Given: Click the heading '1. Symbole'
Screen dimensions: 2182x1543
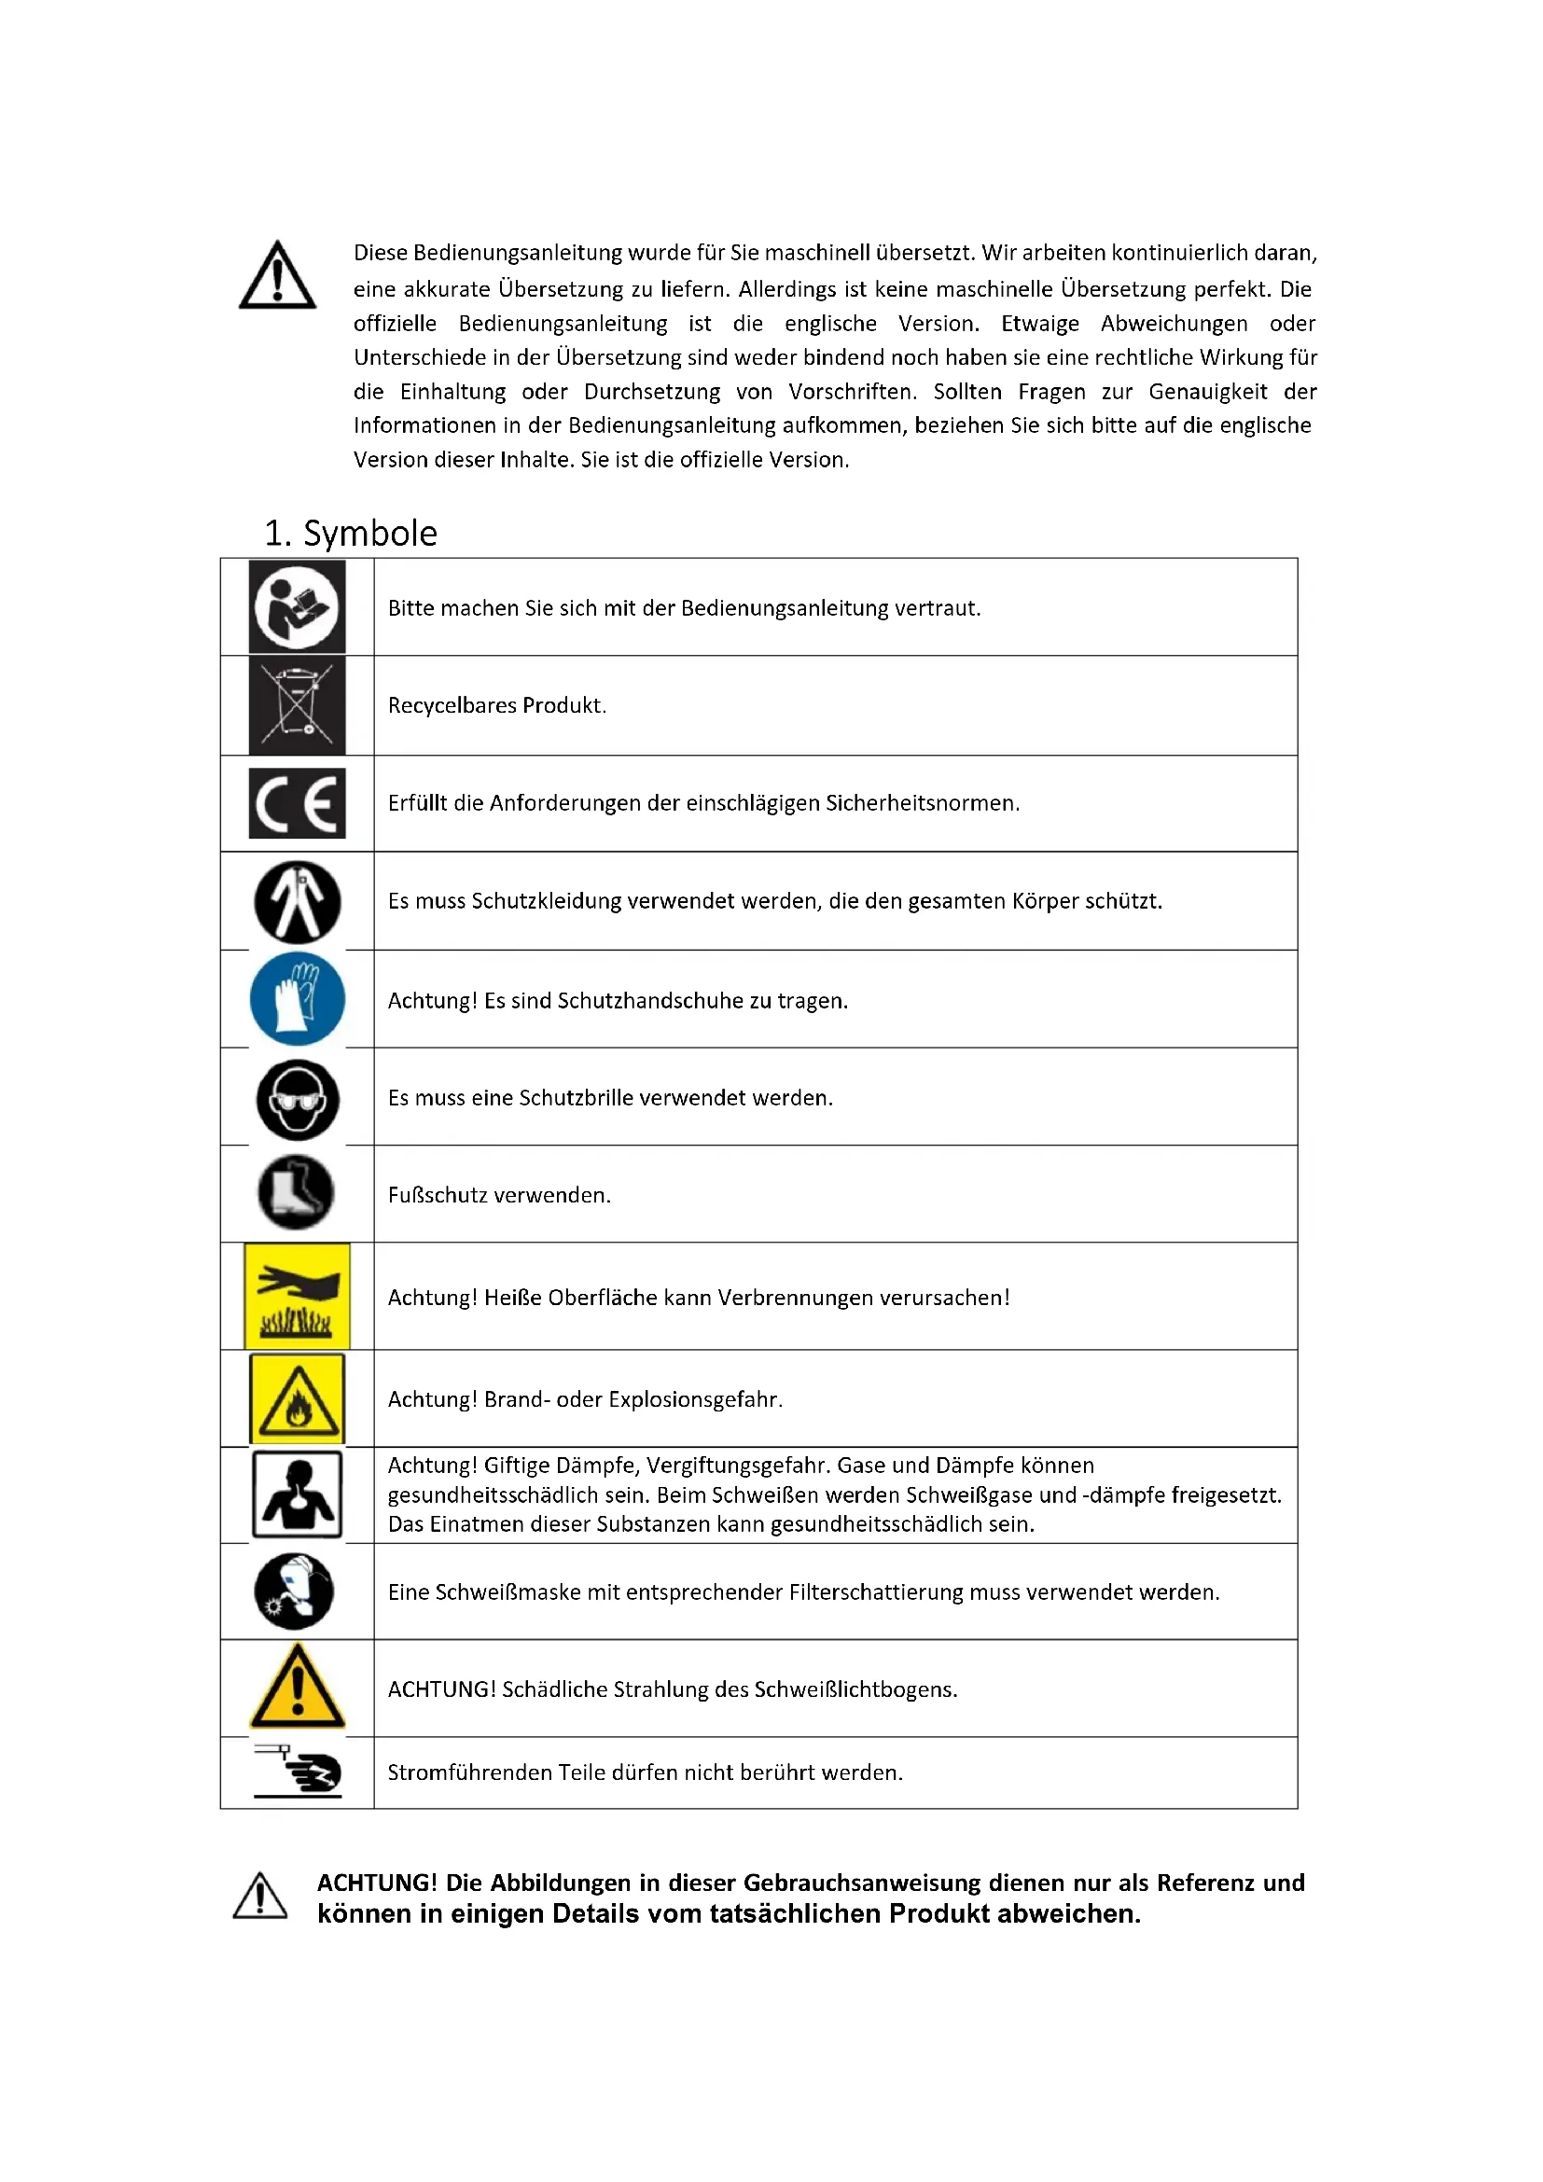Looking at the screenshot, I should (x=351, y=534).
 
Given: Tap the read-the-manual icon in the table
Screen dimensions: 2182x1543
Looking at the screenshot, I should (x=297, y=607).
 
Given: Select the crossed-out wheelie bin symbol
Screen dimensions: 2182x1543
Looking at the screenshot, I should (x=297, y=706).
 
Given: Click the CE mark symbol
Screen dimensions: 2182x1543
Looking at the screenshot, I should (x=297, y=803).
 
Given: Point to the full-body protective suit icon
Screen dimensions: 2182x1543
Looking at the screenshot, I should (x=298, y=902).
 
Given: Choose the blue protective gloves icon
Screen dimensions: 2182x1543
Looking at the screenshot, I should (x=298, y=999).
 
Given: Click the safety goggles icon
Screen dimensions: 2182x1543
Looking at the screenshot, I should (x=298, y=1100).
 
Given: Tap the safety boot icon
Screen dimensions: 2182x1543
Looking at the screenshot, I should (x=297, y=1191).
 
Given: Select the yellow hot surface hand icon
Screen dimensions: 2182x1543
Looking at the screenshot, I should (x=298, y=1297).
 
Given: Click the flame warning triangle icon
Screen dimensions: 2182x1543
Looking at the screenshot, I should (x=298, y=1399).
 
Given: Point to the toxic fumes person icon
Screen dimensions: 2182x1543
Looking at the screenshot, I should (x=298, y=1494).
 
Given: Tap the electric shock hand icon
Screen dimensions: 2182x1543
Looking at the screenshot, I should (x=299, y=1772).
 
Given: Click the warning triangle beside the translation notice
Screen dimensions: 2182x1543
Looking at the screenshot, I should (x=277, y=276).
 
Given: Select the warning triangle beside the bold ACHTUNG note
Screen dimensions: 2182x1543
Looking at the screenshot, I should (x=260, y=1896).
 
